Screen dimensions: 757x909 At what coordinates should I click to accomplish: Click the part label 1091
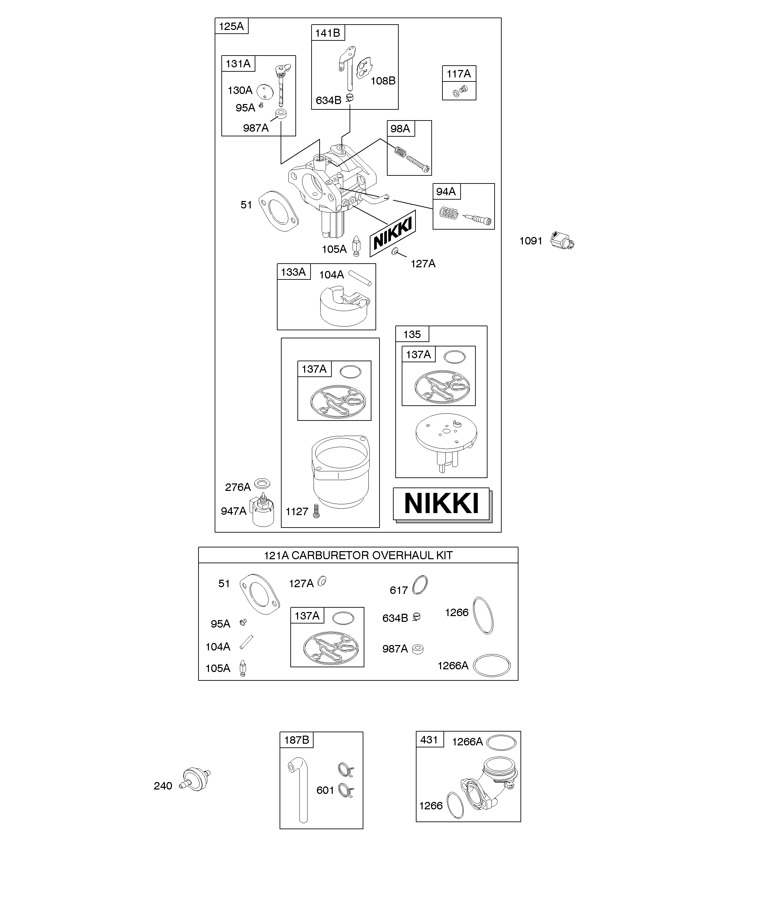(x=531, y=241)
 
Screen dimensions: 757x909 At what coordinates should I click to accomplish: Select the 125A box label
(x=231, y=26)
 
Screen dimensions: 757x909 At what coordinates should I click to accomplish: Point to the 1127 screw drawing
(x=316, y=511)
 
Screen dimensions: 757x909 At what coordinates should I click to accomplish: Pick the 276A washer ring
(x=262, y=483)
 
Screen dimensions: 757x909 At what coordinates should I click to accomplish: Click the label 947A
(x=233, y=511)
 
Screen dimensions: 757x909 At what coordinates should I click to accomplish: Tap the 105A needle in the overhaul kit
(x=243, y=668)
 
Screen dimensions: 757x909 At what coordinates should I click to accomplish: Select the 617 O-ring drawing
(x=420, y=585)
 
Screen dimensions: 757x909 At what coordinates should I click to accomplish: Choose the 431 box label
(x=429, y=739)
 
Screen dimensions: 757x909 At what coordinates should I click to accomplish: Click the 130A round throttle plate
(x=265, y=91)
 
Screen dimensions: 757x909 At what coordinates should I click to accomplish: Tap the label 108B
(x=383, y=81)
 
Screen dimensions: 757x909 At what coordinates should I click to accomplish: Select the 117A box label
(x=459, y=74)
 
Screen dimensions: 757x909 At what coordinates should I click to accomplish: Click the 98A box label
(x=400, y=129)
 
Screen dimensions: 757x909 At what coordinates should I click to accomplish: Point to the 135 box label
(x=412, y=334)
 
